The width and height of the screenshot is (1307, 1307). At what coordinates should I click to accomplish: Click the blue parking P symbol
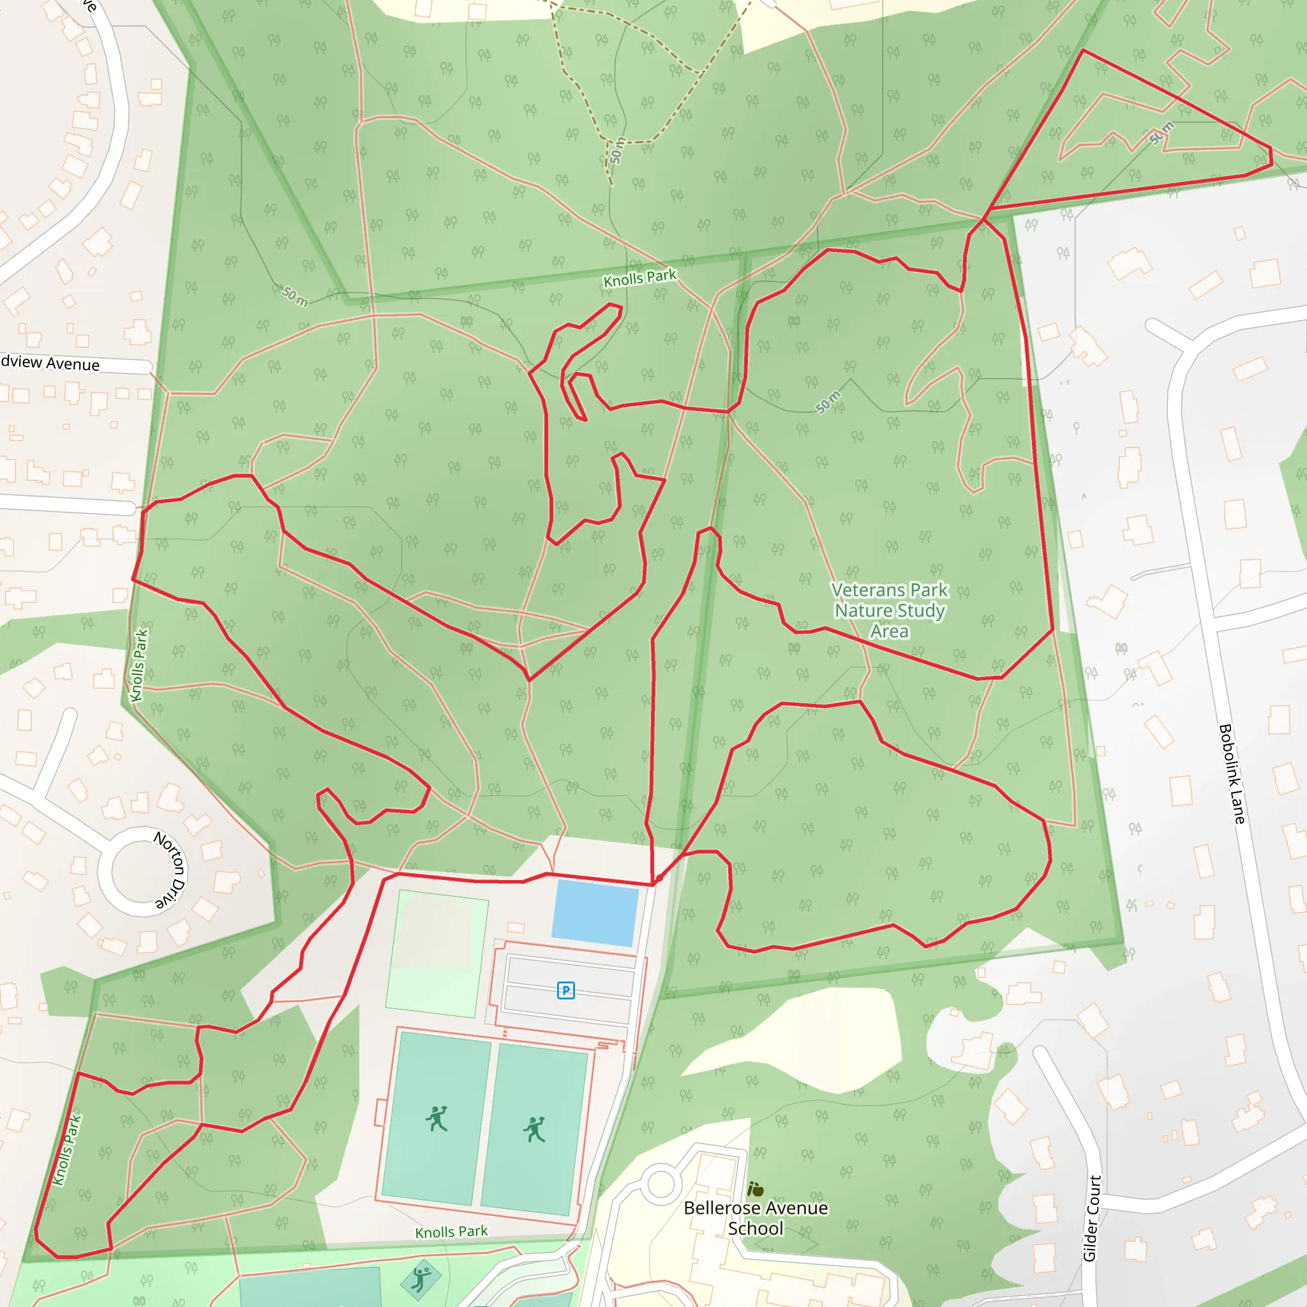(565, 990)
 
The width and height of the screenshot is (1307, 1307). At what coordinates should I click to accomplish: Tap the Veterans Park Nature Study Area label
(890, 610)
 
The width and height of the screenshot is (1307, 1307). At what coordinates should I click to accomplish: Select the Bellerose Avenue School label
(756, 1218)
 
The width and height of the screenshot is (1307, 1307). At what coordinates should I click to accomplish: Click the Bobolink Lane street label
(1231, 774)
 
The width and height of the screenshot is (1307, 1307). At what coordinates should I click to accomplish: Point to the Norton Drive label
(170, 869)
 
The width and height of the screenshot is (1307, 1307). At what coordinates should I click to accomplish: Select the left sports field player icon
(437, 1119)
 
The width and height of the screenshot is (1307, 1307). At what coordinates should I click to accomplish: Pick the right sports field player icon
(534, 1129)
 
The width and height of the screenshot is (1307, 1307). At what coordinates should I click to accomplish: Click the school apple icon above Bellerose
(756, 1188)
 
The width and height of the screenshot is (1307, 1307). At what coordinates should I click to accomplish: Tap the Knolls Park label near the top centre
(639, 278)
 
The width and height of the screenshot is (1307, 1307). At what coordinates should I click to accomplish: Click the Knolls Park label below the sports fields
(451, 1232)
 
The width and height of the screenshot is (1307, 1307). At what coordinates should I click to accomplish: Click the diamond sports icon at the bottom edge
(421, 1278)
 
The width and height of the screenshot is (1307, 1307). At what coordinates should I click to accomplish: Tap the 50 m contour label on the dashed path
(616, 150)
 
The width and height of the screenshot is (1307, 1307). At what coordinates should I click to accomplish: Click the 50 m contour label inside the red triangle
(1161, 133)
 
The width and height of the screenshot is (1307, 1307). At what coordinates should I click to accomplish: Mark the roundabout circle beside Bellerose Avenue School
(661, 1184)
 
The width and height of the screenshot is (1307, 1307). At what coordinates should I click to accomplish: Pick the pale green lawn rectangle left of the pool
(437, 954)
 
